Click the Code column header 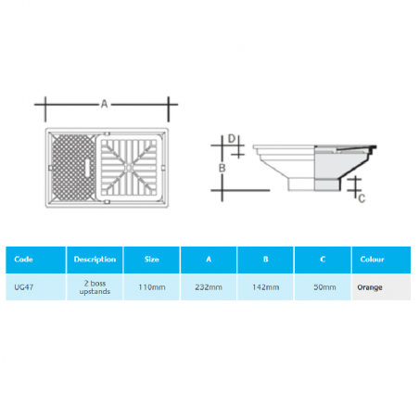pos(24,260)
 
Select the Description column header pos(95,260)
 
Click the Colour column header pos(372,260)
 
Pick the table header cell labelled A pos(209,260)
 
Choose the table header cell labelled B pos(266,260)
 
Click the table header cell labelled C pos(324,260)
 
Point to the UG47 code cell pos(25,287)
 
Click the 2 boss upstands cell pos(95,287)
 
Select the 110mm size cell pos(151,287)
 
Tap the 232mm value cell pos(209,287)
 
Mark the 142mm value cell pos(266,287)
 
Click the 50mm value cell pos(324,287)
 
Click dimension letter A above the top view pos(105,106)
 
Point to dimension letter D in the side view pos(232,140)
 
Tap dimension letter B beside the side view pos(221,167)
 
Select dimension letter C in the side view pos(362,197)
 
